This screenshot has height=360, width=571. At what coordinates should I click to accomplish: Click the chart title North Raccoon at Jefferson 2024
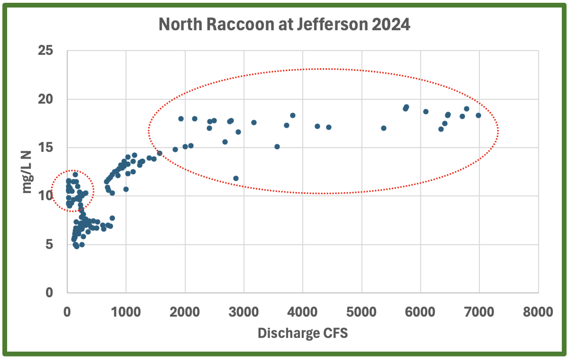pos(284,24)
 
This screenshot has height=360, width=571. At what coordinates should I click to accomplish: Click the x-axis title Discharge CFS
pos(303,333)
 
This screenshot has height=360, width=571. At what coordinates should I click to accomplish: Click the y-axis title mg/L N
pos(27,172)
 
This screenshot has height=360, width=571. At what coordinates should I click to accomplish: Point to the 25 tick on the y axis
pos(46,50)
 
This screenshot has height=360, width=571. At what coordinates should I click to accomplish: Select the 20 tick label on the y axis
pos(46,99)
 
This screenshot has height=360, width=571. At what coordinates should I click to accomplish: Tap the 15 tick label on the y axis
pos(46,147)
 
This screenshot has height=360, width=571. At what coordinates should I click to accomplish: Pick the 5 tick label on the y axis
pos(49,244)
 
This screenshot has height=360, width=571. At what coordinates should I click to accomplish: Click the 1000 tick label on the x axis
pos(126,312)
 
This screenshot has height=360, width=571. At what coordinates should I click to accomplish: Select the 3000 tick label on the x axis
pos(243,312)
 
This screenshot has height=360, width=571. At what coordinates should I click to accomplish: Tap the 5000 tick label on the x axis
pos(361,312)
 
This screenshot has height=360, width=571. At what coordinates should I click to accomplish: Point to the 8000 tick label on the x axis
pos(538,312)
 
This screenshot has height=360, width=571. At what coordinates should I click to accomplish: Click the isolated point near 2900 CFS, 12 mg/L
pos(236,178)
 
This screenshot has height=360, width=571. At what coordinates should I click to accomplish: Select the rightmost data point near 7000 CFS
pos(478,115)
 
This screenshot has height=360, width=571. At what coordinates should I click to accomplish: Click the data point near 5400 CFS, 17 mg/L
pos(383,128)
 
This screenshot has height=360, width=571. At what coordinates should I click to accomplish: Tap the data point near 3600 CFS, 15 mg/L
pos(277,147)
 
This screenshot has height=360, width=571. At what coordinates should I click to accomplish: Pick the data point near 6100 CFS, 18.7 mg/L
pos(426,112)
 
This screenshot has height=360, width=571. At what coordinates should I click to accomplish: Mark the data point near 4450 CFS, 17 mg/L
pos(329,127)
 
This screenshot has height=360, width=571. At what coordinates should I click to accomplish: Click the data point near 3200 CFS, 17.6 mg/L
pos(254,123)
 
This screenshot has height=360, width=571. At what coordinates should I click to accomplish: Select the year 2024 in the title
pos(391,24)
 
